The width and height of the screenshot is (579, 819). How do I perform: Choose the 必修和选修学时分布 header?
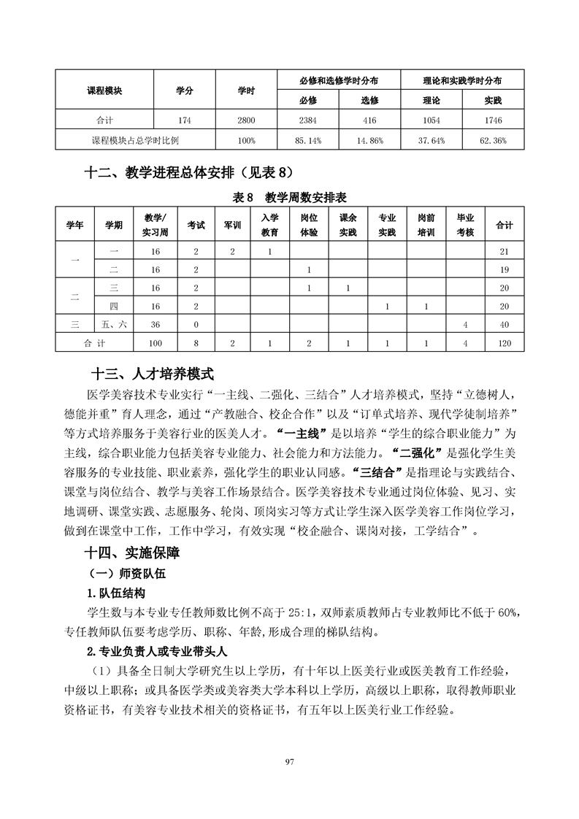tap(339, 80)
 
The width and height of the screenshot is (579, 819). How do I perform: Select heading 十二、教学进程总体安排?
tap(188, 173)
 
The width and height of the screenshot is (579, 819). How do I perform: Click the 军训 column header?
tap(232, 225)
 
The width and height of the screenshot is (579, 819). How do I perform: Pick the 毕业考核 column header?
tap(465, 225)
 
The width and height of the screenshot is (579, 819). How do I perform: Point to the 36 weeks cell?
tap(155, 324)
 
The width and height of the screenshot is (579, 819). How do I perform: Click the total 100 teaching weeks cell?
tap(155, 342)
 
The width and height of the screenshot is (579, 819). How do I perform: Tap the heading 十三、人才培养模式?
tap(152, 374)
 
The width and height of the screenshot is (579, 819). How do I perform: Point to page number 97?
tap(289, 761)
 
